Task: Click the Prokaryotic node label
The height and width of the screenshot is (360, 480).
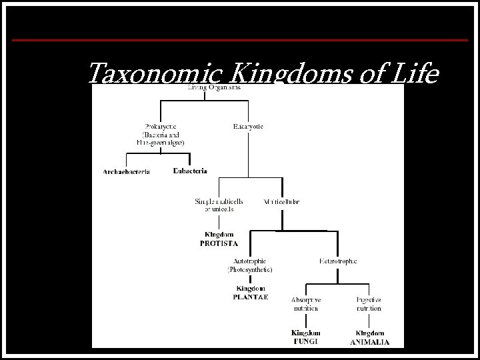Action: [x=163, y=126]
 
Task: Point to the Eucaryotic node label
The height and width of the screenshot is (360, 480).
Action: [x=248, y=126]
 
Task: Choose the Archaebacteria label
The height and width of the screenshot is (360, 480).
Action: [x=126, y=171]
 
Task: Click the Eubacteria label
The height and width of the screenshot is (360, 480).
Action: [x=190, y=171]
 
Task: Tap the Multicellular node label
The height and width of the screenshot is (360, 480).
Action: [x=283, y=201]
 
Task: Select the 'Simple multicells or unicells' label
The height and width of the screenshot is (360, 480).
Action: [x=219, y=205]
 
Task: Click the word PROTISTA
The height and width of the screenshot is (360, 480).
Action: [x=219, y=244]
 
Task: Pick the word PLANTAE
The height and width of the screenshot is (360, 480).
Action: [x=250, y=297]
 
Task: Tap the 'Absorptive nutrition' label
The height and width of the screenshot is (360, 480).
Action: [x=306, y=304]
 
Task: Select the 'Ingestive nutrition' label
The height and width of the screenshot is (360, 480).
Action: [x=369, y=304]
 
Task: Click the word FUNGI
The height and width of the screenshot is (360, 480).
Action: [x=306, y=341]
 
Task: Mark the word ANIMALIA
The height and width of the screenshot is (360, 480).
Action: [x=369, y=342]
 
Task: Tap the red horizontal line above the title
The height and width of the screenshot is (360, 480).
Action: [x=239, y=40]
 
